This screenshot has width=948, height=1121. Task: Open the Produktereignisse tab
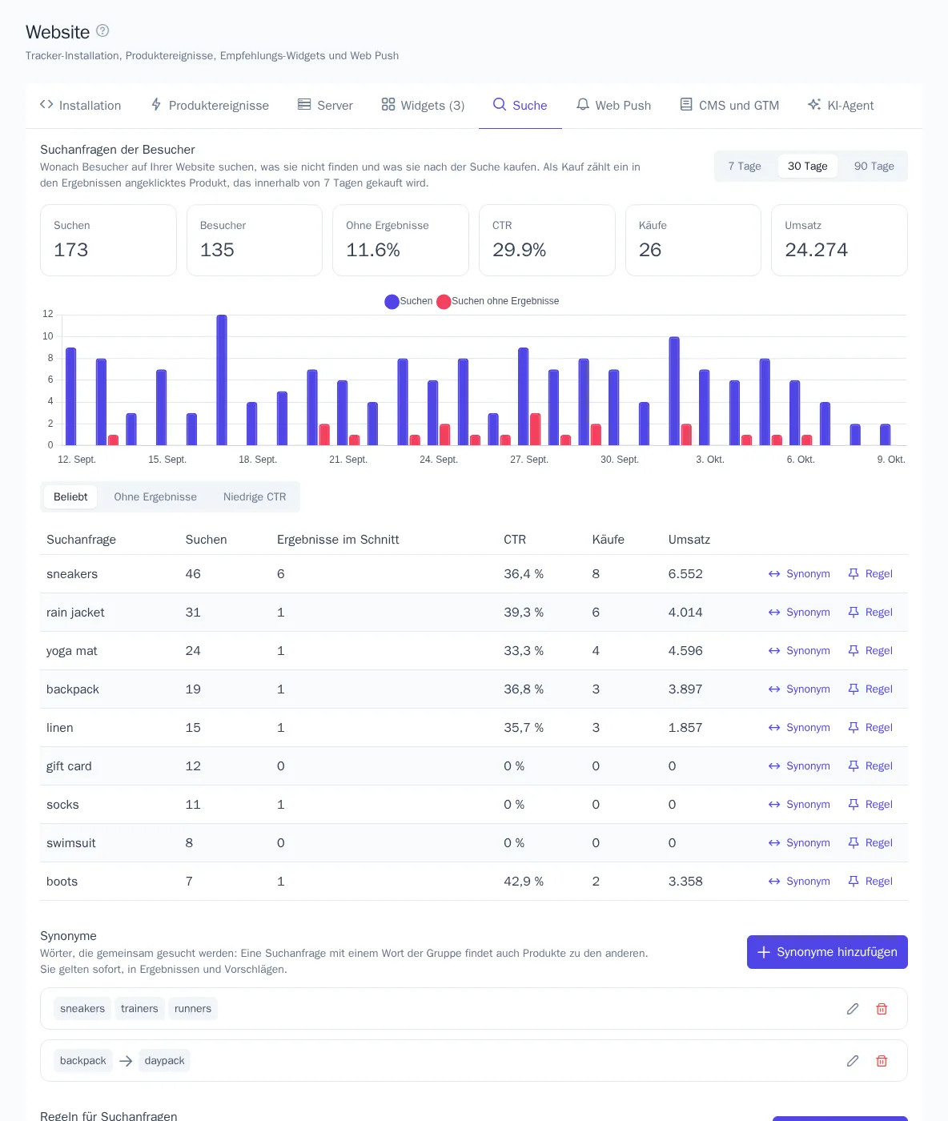[x=209, y=105]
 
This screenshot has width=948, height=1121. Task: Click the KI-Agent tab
[x=840, y=105]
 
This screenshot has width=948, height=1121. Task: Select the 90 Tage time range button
[x=874, y=166]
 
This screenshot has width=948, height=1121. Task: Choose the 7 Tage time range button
[x=744, y=166]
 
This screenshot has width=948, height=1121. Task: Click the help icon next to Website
[x=102, y=31]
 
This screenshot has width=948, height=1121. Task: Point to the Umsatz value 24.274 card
[x=838, y=239]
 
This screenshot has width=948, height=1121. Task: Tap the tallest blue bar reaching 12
[x=221, y=380]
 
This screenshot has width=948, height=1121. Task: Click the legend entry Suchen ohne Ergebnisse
[x=498, y=301]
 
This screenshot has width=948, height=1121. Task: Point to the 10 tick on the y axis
[x=48, y=336]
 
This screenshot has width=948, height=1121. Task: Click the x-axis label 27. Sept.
[x=528, y=460]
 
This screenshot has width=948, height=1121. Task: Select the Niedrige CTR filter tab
[x=255, y=496]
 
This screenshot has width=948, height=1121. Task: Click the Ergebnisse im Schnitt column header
[x=338, y=539]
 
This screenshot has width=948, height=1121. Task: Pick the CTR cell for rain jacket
[x=524, y=613]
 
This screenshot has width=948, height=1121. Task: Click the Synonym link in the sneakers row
[x=799, y=574]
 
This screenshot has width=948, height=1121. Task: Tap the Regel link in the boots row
[x=870, y=882]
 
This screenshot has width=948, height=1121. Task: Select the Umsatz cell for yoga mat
[x=685, y=651]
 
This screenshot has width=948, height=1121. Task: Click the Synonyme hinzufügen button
[x=826, y=952]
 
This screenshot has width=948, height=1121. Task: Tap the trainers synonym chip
[x=139, y=1008]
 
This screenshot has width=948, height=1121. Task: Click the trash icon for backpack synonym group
[x=882, y=1060]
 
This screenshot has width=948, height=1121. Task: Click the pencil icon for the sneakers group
[x=852, y=1008]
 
